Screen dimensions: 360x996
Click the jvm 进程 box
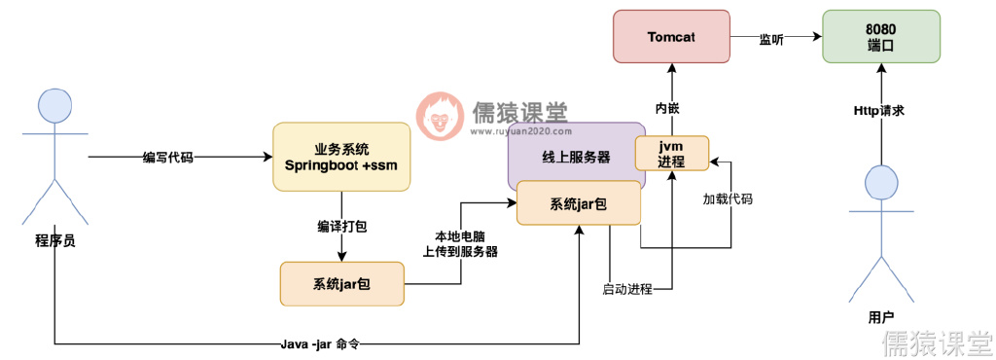coord(672,154)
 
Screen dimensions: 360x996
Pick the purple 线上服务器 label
coord(576,157)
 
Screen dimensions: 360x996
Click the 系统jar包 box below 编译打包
coord(341,284)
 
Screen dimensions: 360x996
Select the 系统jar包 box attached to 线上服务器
coord(579,203)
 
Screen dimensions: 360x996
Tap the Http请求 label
coord(879,111)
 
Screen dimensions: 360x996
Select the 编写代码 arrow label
coord(167,157)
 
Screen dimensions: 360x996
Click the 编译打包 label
coord(341,226)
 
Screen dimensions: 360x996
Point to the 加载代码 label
coord(728,198)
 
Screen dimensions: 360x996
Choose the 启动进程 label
coord(627,289)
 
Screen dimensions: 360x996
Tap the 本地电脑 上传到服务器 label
coord(459,243)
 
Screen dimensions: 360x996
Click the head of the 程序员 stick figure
coord(54,104)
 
